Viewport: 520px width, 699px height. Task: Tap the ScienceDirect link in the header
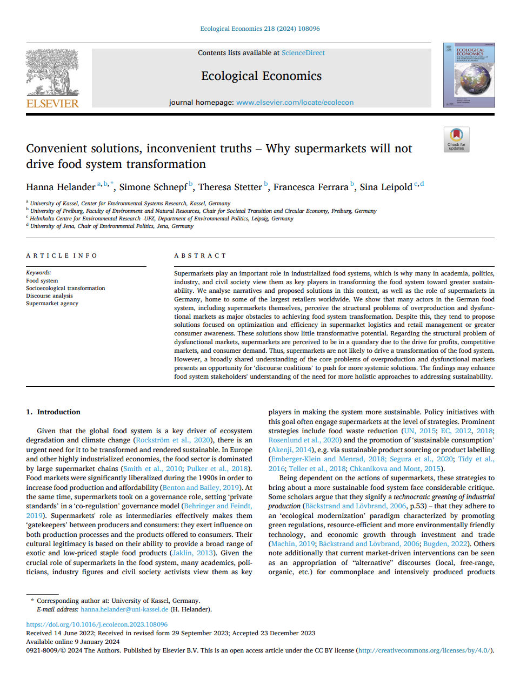pyautogui.click(x=303, y=53)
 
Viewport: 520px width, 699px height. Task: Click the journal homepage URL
pyautogui.click(x=295, y=103)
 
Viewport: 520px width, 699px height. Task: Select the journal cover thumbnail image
pyautogui.click(x=469, y=75)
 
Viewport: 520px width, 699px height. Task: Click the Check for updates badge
pyautogui.click(x=456, y=139)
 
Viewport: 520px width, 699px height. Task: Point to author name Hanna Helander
pyautogui.click(x=61, y=187)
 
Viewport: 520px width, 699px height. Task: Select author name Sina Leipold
pyautogui.click(x=386, y=187)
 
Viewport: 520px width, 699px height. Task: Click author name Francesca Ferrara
pyautogui.click(x=311, y=187)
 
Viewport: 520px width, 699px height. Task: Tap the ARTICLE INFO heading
pyautogui.click(x=62, y=256)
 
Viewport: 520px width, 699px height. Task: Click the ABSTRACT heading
pyautogui.click(x=200, y=256)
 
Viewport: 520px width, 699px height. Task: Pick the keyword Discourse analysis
pyautogui.click(x=49, y=296)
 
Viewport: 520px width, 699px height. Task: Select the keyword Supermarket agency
pyautogui.click(x=52, y=304)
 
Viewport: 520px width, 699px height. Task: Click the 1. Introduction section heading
pyautogui.click(x=53, y=412)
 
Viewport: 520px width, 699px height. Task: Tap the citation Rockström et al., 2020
pyautogui.click(x=173, y=440)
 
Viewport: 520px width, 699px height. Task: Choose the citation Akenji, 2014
pyautogui.click(x=290, y=450)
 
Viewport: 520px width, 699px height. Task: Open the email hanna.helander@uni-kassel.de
pyautogui.click(x=124, y=609)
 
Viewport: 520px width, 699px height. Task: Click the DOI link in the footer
pyautogui.click(x=97, y=624)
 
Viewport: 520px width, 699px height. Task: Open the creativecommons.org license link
pyautogui.click(x=425, y=650)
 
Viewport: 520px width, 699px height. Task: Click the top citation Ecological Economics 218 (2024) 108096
pyautogui.click(x=260, y=29)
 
